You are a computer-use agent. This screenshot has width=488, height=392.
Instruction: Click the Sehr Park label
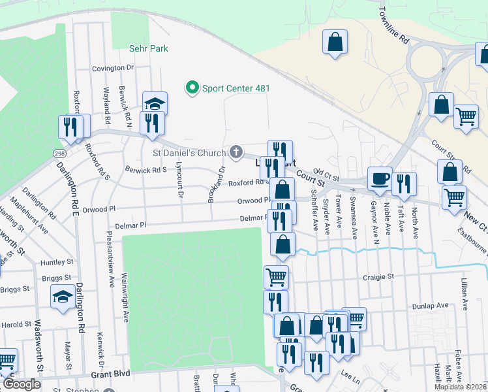[x=149, y=48]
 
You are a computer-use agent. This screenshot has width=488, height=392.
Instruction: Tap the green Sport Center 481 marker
[x=192, y=88]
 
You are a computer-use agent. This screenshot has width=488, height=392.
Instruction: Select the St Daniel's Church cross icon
[x=236, y=152]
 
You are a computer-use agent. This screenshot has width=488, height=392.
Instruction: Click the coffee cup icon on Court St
[x=379, y=177]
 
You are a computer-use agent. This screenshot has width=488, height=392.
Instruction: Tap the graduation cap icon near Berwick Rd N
[x=155, y=103]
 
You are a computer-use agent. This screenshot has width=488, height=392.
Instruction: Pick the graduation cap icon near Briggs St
[x=63, y=296]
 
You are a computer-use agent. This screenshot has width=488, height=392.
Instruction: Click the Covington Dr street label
[x=112, y=68]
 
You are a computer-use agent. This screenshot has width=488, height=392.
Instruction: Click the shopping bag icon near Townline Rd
[x=335, y=42]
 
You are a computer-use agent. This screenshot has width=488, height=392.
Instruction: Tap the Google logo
[x=21, y=384]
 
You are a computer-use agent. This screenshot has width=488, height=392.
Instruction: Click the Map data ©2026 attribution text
[x=460, y=387]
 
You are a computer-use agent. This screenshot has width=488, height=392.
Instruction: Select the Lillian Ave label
[x=464, y=293]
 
